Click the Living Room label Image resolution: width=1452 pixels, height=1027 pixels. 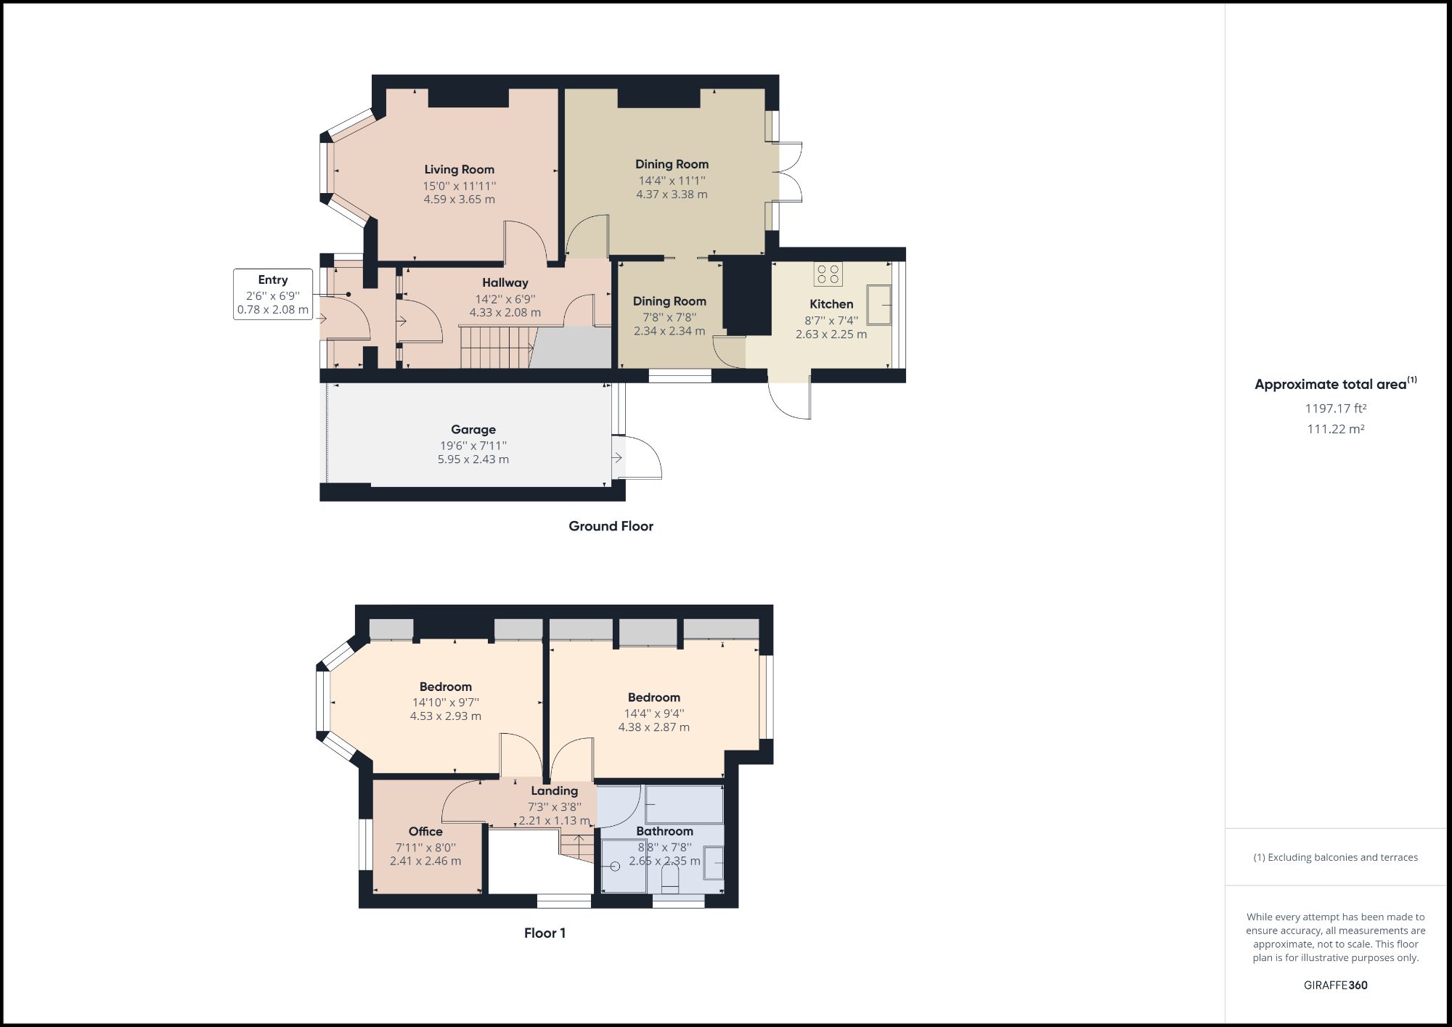pyautogui.click(x=459, y=170)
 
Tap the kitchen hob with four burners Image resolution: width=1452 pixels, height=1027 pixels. pyautogui.click(x=828, y=274)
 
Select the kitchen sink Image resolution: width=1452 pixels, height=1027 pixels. pyautogui.click(x=878, y=305)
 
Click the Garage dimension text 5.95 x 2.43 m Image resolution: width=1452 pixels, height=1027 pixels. pyautogui.click(x=473, y=459)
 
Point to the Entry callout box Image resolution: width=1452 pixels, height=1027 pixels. pyautogui.click(x=273, y=295)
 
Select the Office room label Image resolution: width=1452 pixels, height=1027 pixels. pyautogui.click(x=425, y=832)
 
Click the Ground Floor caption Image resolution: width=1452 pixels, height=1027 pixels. pyautogui.click(x=611, y=526)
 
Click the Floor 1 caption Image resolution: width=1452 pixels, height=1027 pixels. pyautogui.click(x=544, y=933)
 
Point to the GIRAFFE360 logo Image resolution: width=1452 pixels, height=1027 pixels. pyautogui.click(x=1335, y=985)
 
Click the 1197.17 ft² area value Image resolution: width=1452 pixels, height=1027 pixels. pyautogui.click(x=1335, y=409)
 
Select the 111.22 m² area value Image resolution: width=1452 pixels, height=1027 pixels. pyautogui.click(x=1335, y=429)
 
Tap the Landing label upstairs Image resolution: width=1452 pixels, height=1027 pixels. pyautogui.click(x=554, y=791)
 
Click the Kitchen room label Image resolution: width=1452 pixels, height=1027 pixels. pyautogui.click(x=831, y=304)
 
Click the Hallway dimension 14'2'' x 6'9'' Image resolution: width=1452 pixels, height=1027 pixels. pyautogui.click(x=505, y=298)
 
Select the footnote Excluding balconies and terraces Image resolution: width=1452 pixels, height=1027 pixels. pyautogui.click(x=1335, y=857)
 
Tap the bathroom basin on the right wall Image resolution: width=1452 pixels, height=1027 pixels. pyautogui.click(x=714, y=863)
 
